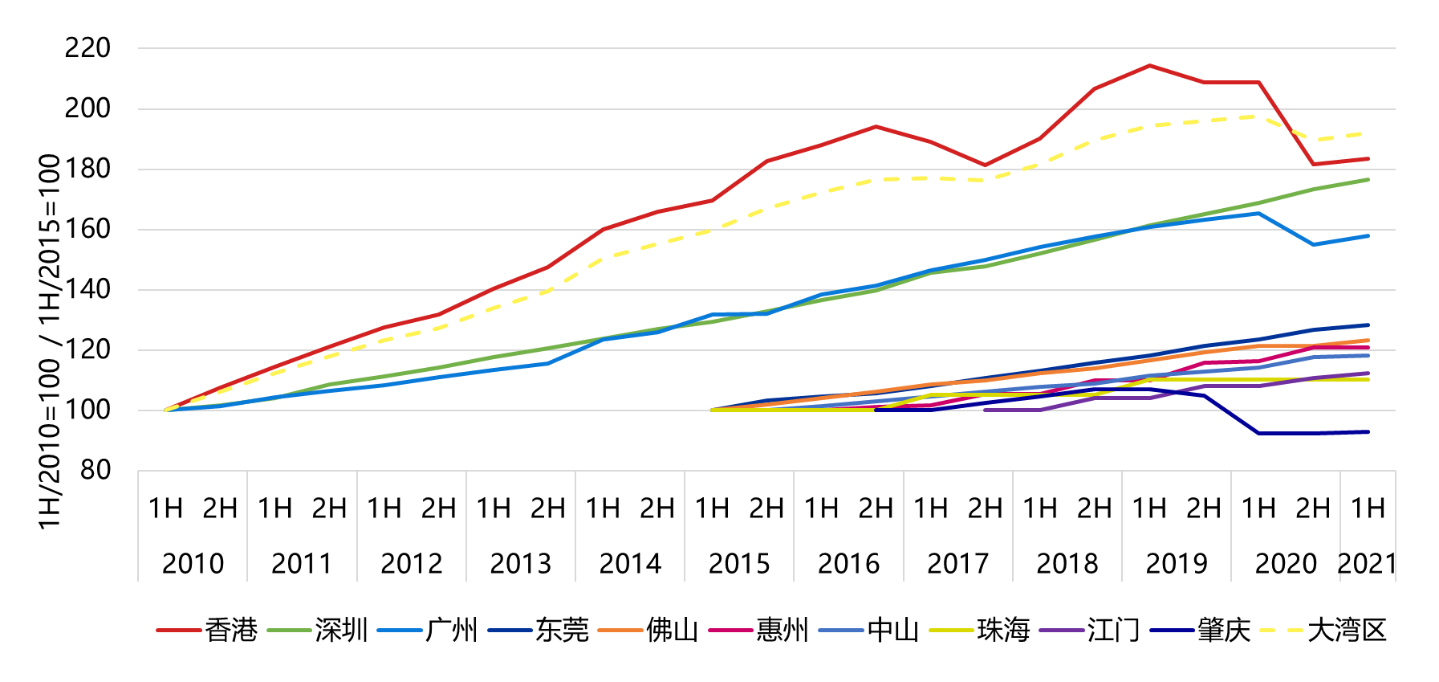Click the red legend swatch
tap(178, 631)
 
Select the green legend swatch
tap(289, 631)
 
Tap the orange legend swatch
tap(620, 631)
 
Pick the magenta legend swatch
tap(730, 631)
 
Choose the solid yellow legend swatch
tap(951, 631)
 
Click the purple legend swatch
tap(1061, 631)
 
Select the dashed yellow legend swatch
tap(1281, 631)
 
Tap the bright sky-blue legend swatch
tap(399, 631)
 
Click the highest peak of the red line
tap(1149, 65)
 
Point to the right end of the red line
tap(1368, 159)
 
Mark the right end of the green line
tap(1368, 180)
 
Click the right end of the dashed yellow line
tap(1368, 133)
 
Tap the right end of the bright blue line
tap(1368, 236)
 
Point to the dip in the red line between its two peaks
tap(985, 165)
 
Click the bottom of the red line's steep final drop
tap(1314, 164)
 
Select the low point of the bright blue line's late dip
tap(1314, 244)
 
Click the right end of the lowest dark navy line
tap(1368, 432)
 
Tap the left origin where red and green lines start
tap(166, 410)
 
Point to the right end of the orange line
tap(1368, 341)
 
